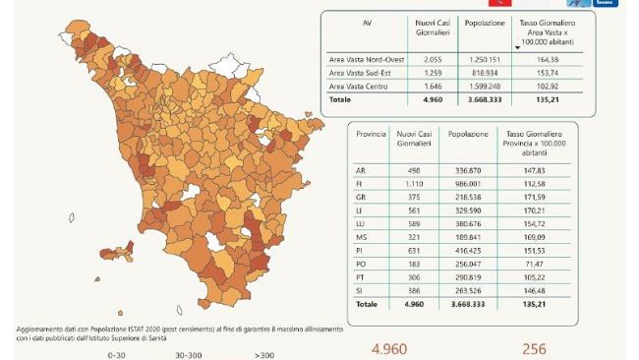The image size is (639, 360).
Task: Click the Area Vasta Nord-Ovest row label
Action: point(365,59)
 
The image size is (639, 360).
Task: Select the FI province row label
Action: point(360,184)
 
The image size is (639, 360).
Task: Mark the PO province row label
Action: point(361,265)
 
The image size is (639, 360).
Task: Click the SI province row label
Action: point(360,291)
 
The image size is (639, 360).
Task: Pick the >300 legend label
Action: point(264,353)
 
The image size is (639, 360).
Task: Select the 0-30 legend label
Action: point(117,353)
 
